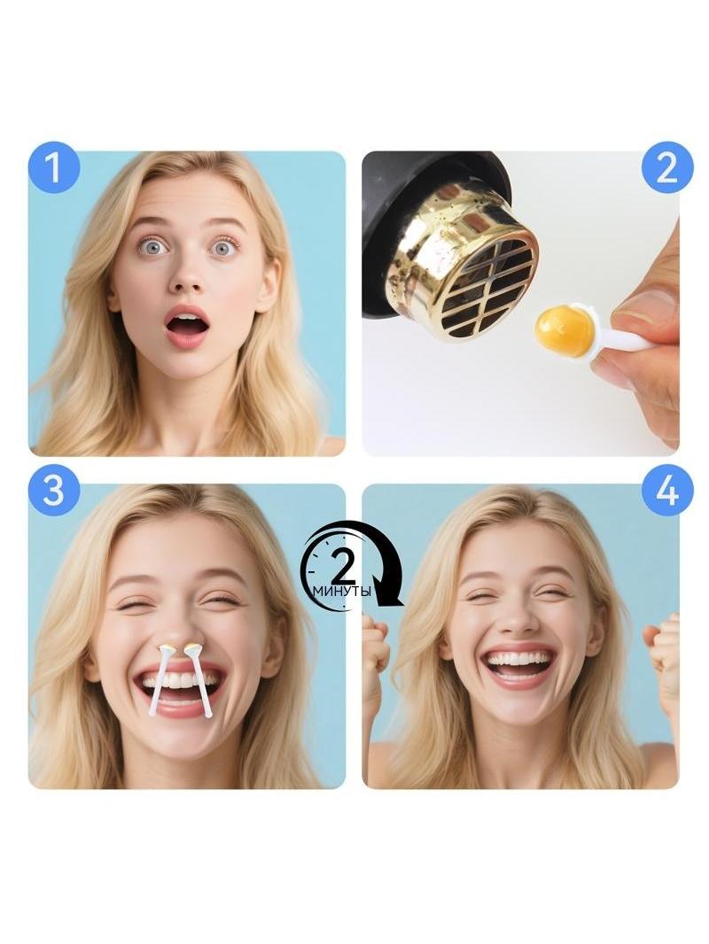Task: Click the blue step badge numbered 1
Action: click(x=53, y=167)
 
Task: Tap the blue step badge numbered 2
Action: click(x=666, y=167)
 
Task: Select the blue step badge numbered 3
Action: click(x=53, y=490)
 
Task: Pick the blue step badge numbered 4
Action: click(x=666, y=490)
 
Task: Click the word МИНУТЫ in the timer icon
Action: click(x=341, y=592)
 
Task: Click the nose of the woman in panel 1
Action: click(x=187, y=278)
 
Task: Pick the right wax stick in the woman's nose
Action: click(x=200, y=681)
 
